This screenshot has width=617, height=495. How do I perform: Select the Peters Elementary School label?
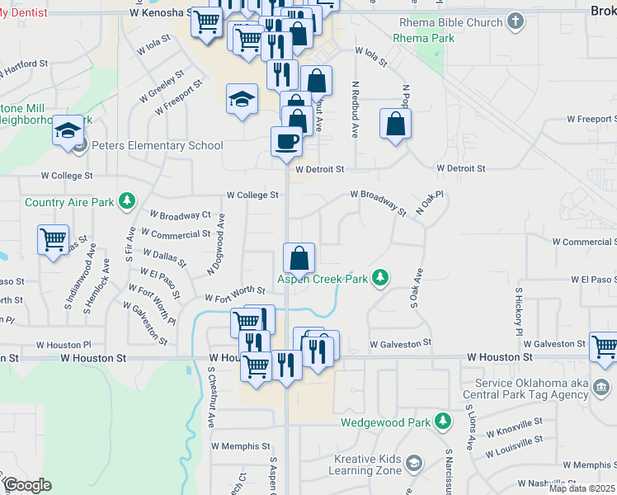(157, 146)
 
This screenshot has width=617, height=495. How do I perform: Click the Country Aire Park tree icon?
(127, 201)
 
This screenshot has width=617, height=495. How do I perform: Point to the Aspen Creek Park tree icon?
(380, 278)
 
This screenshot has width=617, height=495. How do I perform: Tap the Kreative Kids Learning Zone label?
(365, 464)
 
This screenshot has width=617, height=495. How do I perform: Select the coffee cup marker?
(286, 141)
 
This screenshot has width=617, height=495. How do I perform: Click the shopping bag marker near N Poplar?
(396, 125)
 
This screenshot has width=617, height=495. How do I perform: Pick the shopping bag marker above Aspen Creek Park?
(299, 258)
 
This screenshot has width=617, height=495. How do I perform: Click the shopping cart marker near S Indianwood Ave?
(54, 240)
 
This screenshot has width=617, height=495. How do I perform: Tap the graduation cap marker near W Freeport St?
(242, 101)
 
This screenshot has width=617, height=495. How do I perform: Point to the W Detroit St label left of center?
(318, 169)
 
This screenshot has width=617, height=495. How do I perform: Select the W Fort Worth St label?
(235, 295)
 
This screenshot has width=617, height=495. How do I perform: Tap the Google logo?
(27, 485)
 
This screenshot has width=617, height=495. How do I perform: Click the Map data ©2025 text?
(582, 488)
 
